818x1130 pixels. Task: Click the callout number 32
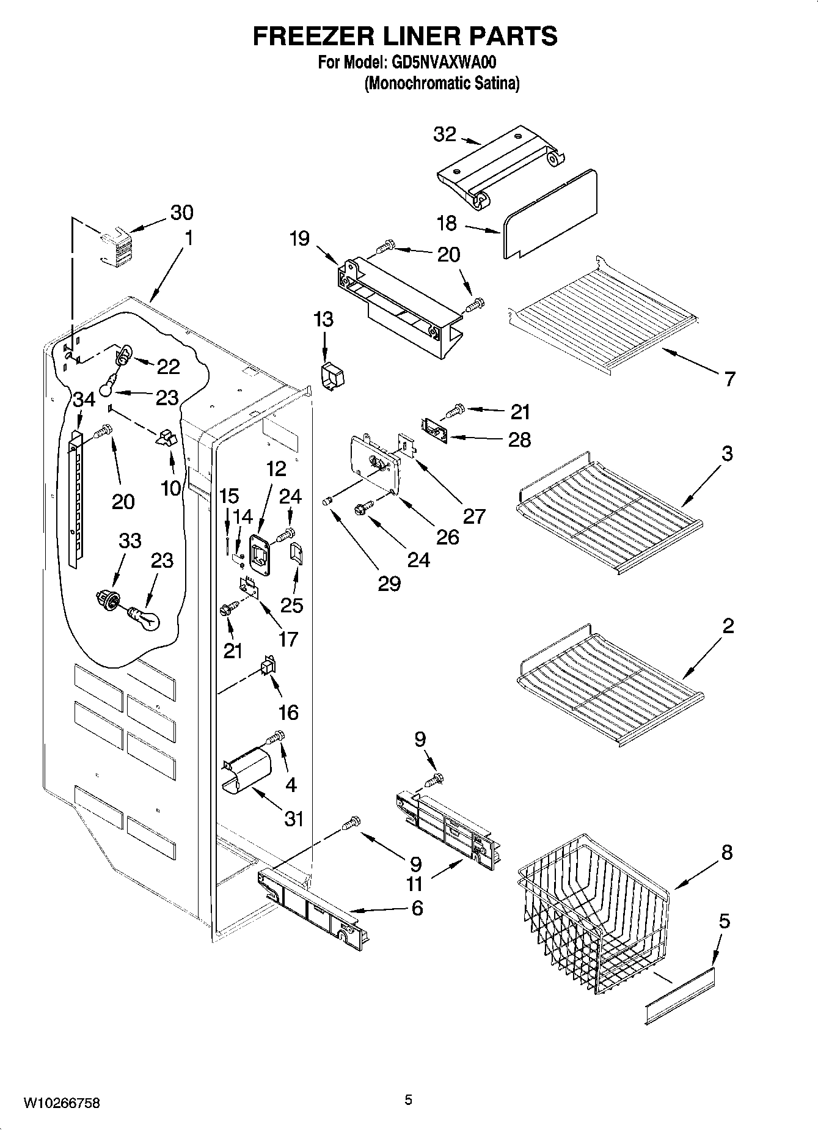click(444, 134)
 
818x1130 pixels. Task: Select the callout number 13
click(323, 320)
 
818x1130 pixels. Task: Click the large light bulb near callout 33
click(145, 618)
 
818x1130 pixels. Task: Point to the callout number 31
click(294, 818)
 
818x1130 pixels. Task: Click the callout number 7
click(729, 379)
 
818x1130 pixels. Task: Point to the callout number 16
click(288, 712)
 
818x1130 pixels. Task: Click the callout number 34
click(84, 400)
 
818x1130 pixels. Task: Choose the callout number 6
click(417, 908)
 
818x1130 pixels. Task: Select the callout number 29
click(389, 584)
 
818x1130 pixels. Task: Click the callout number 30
click(181, 213)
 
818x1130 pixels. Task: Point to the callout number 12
click(276, 469)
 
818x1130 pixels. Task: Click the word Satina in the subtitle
click(497, 83)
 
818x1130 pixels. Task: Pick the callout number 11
click(415, 884)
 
